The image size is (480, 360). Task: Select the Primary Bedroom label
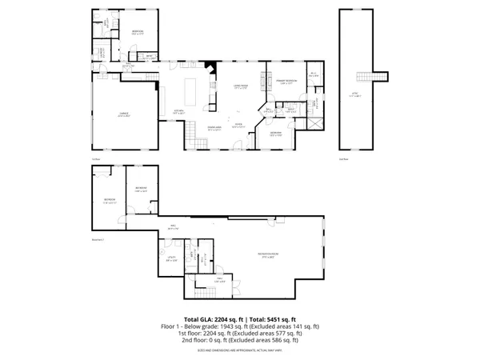pyautogui.click(x=287, y=82)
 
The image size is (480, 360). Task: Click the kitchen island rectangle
pyautogui.click(x=192, y=85)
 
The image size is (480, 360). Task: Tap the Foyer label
pyautogui.click(x=238, y=124)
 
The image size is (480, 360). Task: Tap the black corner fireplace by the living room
pyautogui.click(x=210, y=70)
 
